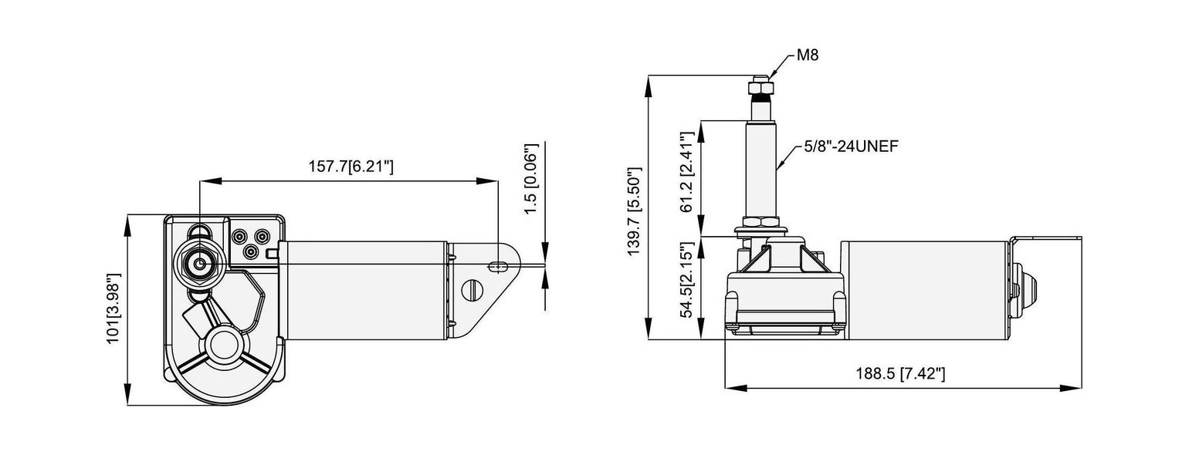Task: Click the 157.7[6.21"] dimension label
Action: point(351,167)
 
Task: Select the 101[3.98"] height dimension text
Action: point(113,308)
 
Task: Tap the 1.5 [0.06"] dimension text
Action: point(531,179)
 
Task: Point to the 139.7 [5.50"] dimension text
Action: point(634,211)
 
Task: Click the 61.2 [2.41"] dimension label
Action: point(687,172)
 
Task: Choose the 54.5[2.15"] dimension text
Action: point(687,280)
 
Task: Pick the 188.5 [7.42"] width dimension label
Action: point(900,374)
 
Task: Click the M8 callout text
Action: point(808,55)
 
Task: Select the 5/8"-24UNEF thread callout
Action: point(851,147)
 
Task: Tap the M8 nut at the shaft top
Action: point(760,86)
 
